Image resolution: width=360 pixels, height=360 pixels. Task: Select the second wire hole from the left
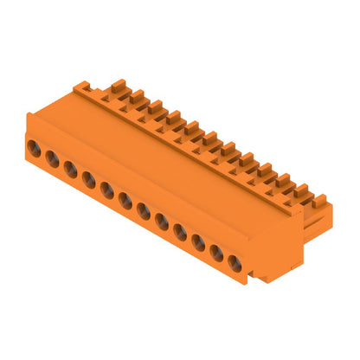click(52, 158)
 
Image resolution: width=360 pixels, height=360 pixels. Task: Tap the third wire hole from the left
click(70, 168)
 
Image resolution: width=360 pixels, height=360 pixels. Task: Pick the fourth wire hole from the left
click(88, 178)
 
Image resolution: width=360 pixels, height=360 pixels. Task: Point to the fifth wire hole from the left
click(106, 189)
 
